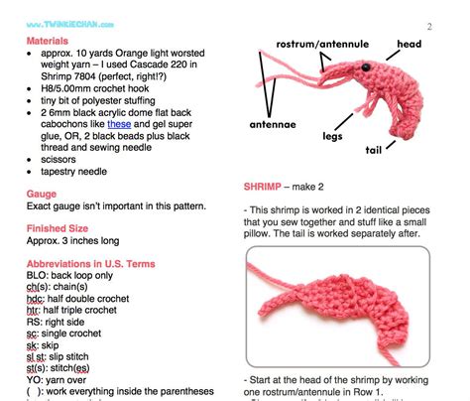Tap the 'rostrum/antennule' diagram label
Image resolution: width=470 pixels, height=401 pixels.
[322, 45]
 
